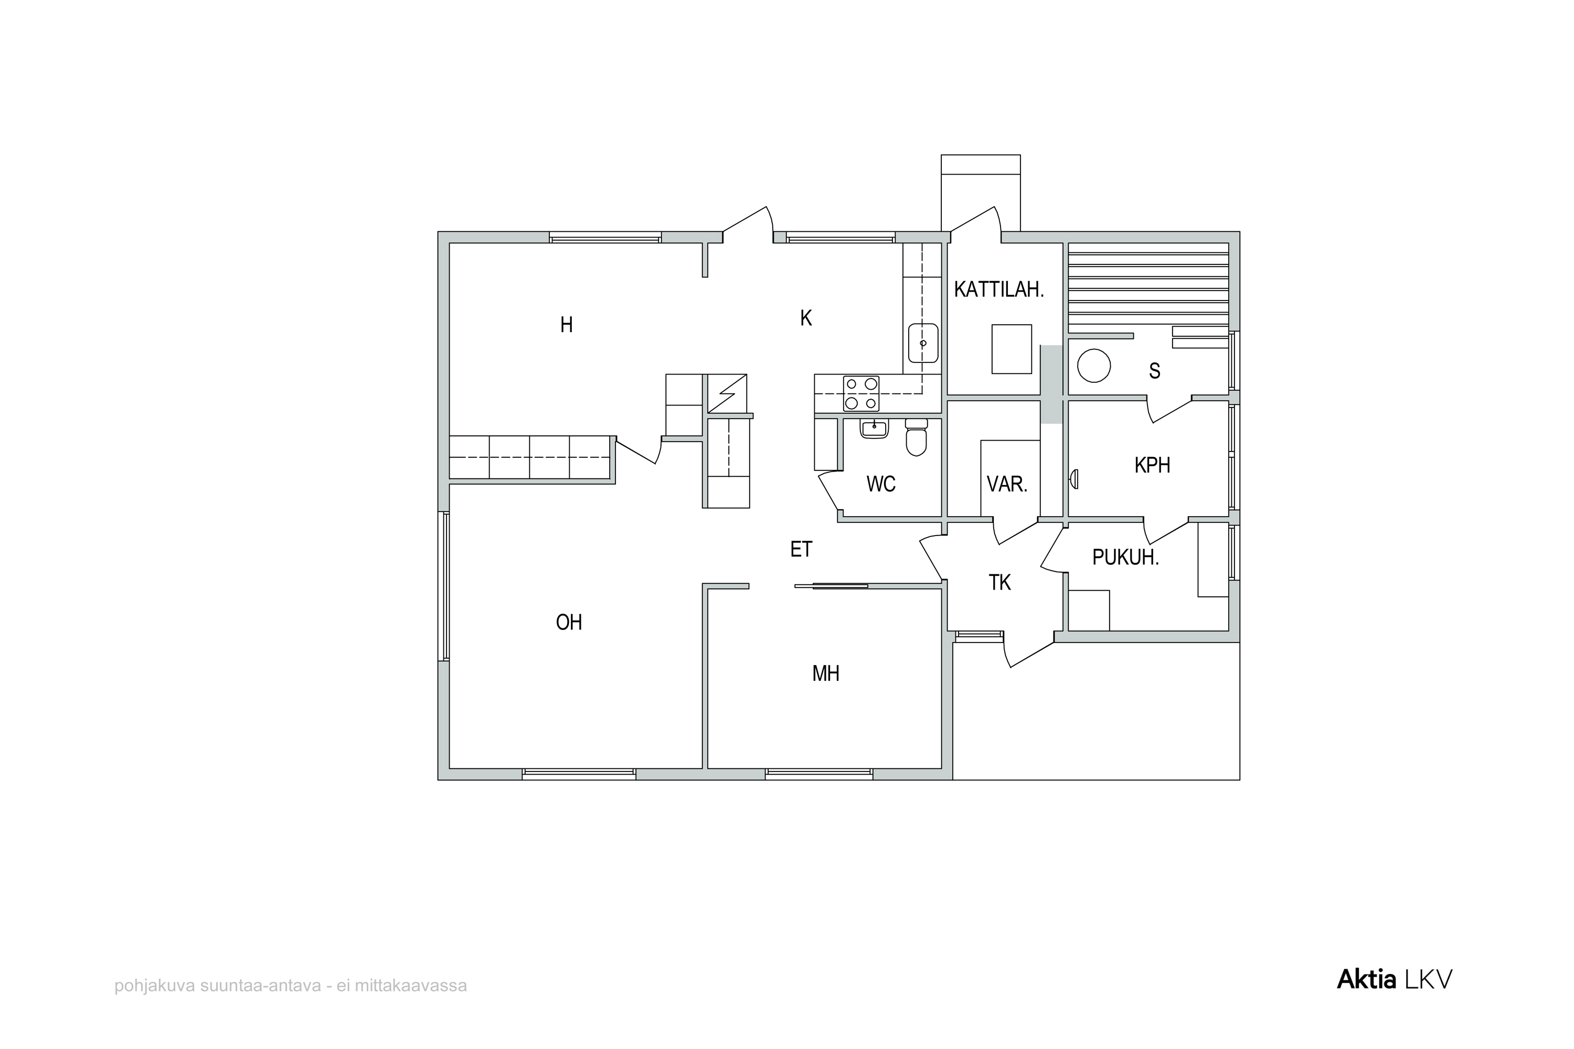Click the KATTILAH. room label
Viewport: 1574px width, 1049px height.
point(998,290)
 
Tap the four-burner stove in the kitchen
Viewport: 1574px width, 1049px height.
point(862,393)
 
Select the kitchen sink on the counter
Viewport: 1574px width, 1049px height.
point(923,343)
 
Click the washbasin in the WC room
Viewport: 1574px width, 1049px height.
point(874,428)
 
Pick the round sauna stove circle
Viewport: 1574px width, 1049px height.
point(1093,366)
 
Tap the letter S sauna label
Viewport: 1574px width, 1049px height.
point(1154,371)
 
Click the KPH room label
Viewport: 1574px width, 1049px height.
point(1152,465)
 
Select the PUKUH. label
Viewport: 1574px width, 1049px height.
point(1125,557)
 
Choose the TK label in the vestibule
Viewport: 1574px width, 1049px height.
point(1000,583)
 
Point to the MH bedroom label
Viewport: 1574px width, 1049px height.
point(826,673)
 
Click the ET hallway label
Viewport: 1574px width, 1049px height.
point(801,549)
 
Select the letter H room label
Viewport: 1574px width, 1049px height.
point(566,325)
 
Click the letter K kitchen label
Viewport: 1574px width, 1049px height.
point(806,318)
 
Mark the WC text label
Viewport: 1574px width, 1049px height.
point(881,484)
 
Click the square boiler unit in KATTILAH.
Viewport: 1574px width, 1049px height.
point(1011,349)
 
